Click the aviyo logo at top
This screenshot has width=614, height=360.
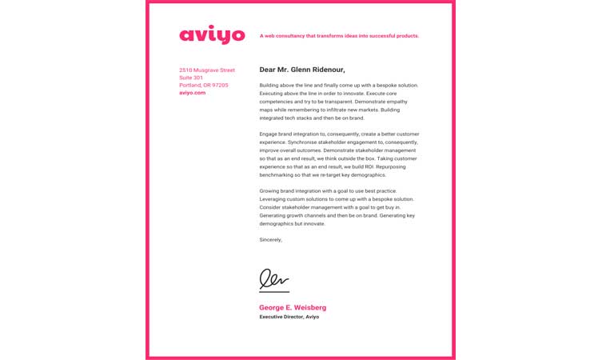click(x=212, y=35)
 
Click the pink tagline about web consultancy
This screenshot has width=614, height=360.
click(x=339, y=36)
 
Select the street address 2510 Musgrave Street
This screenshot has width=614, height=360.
click(x=207, y=70)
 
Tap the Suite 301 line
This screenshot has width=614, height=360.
click(x=191, y=78)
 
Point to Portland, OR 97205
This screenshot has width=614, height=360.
click(x=204, y=85)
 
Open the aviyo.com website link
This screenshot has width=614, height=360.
click(x=192, y=93)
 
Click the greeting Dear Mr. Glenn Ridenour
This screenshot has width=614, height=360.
click(x=302, y=70)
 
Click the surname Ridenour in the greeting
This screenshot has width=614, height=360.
click(x=327, y=70)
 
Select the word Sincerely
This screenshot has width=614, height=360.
click(x=270, y=239)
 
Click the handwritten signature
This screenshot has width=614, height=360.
click(x=273, y=279)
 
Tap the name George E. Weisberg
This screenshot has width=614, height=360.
click(x=293, y=307)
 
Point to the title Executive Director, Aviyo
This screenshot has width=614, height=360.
click(x=289, y=317)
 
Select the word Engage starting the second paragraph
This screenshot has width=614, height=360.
click(x=269, y=134)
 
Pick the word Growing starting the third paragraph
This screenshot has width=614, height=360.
click(x=270, y=190)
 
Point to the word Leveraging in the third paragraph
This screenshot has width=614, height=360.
click(x=273, y=198)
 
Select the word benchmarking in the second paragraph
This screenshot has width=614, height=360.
click(x=277, y=174)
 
